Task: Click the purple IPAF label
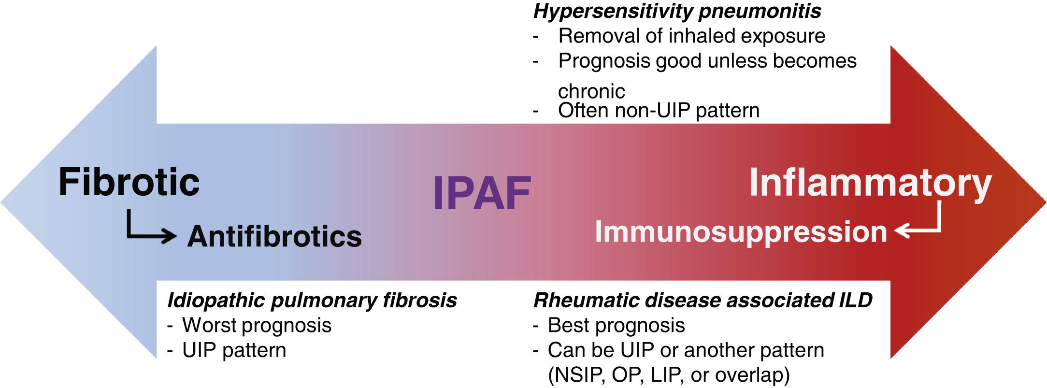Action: click(482, 193)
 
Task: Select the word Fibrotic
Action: click(129, 182)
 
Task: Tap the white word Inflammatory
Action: click(870, 183)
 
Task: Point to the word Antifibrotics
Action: click(274, 236)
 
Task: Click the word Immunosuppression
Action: click(741, 231)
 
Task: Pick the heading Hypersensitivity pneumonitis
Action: click(676, 11)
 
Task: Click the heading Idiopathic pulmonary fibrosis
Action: click(312, 300)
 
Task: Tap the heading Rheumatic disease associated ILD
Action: click(703, 300)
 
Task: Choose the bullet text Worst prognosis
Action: click(257, 325)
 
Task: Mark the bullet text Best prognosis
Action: click(616, 325)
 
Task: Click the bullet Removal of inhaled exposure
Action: click(691, 36)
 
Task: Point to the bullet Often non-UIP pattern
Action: click(659, 110)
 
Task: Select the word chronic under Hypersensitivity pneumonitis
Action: click(591, 91)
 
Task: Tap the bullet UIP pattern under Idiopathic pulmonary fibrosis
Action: click(234, 350)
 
